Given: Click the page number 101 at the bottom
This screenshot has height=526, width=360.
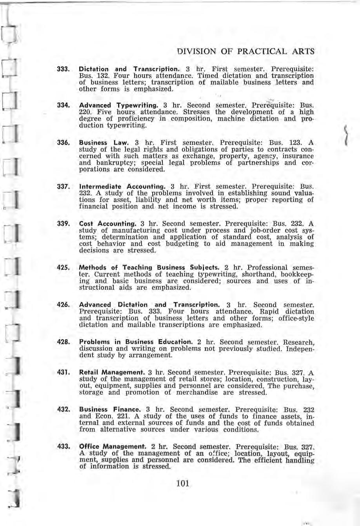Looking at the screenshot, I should pos(183,484).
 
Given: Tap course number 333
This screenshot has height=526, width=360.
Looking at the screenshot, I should pos(64,69).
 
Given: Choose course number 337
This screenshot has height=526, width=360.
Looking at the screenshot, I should pos(64,183).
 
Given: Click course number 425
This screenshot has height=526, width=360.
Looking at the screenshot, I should pos(64,268).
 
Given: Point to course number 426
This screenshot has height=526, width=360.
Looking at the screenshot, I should pos(64,305).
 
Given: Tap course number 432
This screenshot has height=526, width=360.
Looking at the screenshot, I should pos(64,409).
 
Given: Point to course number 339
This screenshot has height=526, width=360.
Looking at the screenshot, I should pos(64,224).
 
